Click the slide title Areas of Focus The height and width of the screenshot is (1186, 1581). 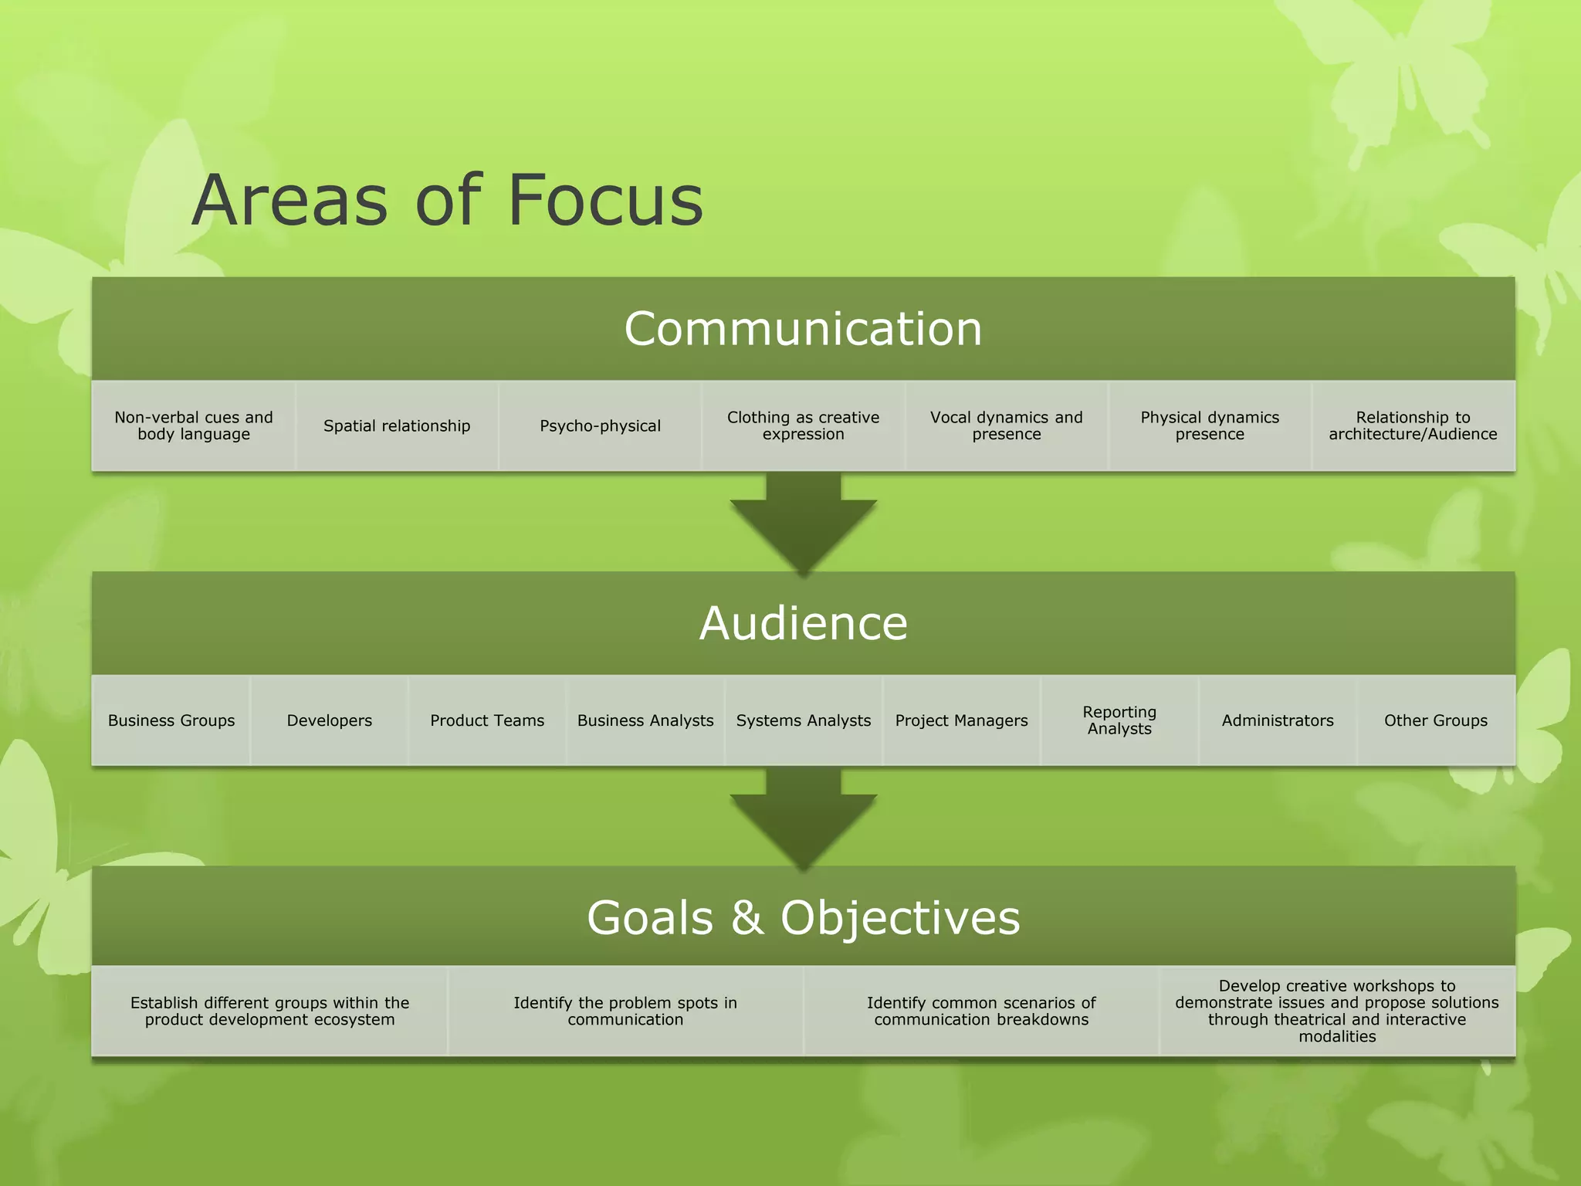[447, 200]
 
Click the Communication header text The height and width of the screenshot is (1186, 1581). [803, 329]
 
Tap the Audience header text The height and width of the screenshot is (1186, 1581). [803, 623]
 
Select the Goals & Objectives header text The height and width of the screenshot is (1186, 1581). [803, 917]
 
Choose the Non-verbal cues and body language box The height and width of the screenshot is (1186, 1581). [194, 425]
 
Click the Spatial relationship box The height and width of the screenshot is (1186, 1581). [397, 425]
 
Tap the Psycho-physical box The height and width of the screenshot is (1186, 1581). [600, 425]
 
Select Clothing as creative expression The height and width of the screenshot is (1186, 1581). [803, 425]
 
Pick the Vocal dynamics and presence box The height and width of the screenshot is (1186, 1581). [1007, 425]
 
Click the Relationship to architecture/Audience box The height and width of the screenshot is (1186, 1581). [1413, 425]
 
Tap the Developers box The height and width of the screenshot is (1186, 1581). [329, 720]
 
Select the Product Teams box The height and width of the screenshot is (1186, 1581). [487, 720]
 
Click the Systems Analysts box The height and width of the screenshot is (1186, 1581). [803, 720]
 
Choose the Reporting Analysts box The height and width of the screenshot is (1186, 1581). [1119, 720]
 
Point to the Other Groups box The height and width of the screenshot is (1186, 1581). [1436, 720]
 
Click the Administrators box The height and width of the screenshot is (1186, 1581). [1278, 720]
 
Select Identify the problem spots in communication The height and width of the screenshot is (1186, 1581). [625, 1011]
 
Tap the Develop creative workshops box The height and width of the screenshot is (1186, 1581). [1337, 1011]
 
